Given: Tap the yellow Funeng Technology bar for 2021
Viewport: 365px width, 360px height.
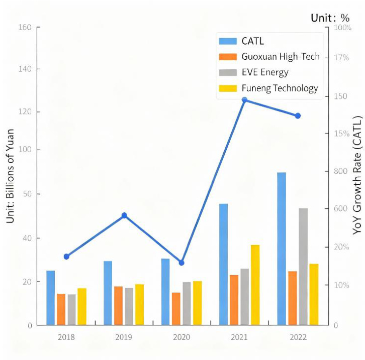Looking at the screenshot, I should point(255,285).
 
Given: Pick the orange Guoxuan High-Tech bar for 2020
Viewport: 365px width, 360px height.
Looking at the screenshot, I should point(175,309).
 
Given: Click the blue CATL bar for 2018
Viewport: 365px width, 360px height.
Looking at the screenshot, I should point(50,298).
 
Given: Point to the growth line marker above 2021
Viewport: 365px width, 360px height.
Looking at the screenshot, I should point(245,100).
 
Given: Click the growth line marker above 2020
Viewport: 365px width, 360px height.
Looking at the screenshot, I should point(181,263).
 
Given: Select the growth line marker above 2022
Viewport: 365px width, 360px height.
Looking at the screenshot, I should point(298,116).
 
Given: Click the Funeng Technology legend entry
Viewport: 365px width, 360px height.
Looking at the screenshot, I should point(280,88).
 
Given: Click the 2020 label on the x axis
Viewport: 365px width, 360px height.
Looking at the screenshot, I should point(181,337).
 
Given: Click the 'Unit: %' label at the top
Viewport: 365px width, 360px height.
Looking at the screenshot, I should point(330,18).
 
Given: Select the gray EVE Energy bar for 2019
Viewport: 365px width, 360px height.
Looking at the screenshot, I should point(129,306).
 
